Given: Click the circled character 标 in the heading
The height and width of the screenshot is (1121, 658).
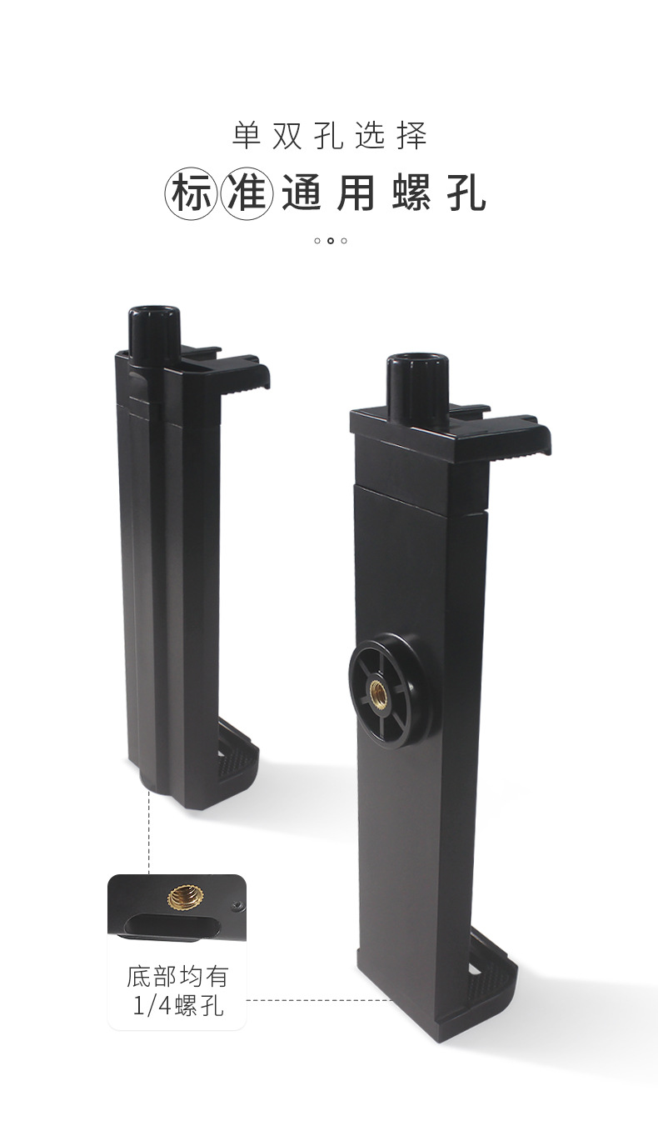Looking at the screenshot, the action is coord(192,193).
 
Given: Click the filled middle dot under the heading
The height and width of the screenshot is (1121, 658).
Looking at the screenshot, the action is coord(331,241).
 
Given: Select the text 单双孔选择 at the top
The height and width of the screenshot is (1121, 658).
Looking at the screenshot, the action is coord(330,136).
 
